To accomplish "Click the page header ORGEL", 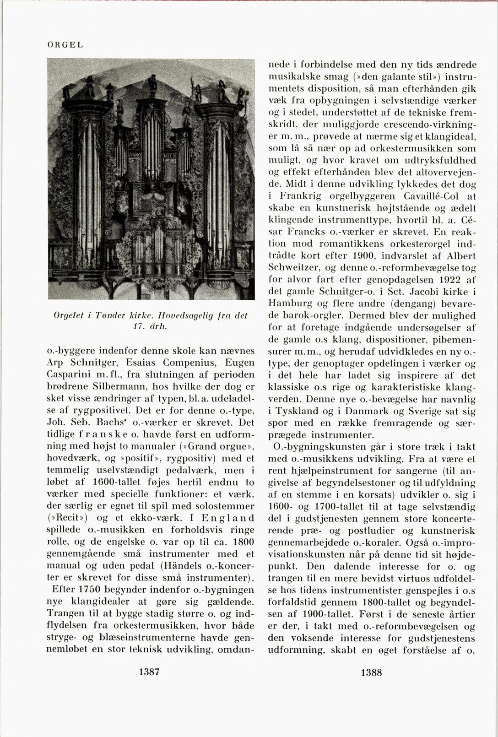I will coord(65,44).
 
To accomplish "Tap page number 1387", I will coord(148,672).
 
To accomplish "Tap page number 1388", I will coord(371,672).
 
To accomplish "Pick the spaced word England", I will coord(228,518).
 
